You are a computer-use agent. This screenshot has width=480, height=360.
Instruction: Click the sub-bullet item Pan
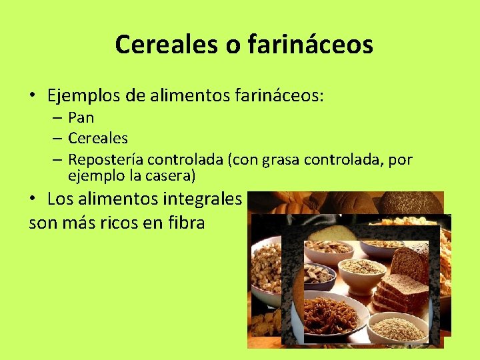point(81,118)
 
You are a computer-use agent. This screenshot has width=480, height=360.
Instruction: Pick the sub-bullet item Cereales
point(98,139)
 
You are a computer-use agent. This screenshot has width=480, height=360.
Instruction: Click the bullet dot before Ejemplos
point(32,96)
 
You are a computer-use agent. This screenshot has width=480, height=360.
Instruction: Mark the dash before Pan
point(55,118)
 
